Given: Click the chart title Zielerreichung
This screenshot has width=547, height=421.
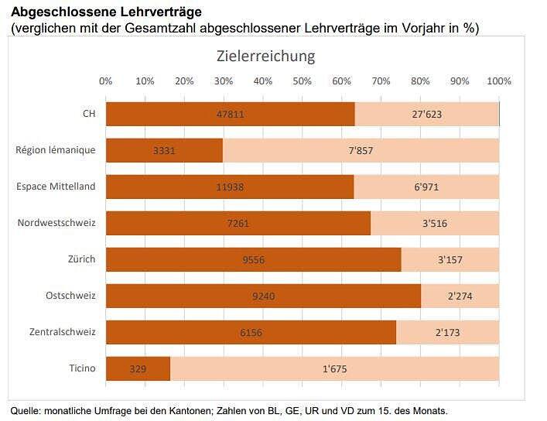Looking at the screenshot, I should point(265,56).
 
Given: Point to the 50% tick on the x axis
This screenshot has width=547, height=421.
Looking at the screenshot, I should point(303,81).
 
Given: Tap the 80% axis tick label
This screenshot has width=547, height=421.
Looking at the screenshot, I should point(420,81).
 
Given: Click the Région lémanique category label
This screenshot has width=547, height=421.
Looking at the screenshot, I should point(56,150).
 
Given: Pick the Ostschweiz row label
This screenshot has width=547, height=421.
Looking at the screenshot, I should point(70,296).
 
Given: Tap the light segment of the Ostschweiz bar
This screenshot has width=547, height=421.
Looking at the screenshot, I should point(460,296).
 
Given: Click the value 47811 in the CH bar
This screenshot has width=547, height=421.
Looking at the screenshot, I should point(231,114).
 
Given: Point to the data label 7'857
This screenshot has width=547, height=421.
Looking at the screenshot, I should point(361,150).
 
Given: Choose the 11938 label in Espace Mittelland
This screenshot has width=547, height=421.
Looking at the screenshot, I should point(230,187).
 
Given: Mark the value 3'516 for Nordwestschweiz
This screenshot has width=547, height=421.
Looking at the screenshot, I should point(434,223).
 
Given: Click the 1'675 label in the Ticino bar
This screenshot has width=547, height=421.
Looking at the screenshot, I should point(334,368).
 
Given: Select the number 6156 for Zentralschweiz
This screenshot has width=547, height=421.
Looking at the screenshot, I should point(251,332).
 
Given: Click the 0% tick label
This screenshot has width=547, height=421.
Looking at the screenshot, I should point(106,81).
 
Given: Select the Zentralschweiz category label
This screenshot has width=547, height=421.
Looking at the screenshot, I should point(63,332).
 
